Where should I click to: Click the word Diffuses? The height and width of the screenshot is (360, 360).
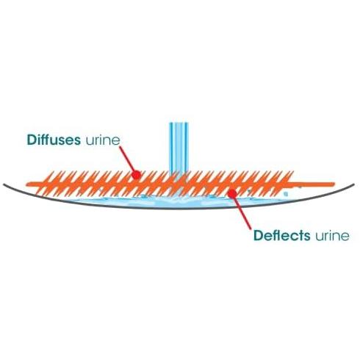point(54,140)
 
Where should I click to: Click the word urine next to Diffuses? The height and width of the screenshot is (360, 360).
point(103,141)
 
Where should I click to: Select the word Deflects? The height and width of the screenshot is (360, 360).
point(282,236)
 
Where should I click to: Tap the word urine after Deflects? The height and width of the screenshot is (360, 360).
point(332,237)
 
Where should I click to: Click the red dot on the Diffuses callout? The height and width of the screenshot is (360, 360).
point(136,175)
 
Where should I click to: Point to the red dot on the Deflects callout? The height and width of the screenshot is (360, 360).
point(232,193)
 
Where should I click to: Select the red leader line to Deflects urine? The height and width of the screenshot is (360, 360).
point(242,211)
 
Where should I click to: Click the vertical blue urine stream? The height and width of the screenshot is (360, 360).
point(179,148)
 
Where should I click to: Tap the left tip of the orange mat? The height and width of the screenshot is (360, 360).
point(27,184)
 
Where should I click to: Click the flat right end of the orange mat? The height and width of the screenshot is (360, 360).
point(334,184)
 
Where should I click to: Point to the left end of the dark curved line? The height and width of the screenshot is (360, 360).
point(4,184)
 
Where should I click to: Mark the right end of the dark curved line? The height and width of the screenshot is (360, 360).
point(353,184)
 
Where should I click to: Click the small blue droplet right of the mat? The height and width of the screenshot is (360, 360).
point(286,194)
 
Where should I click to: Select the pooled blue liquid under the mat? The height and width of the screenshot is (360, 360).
point(179,202)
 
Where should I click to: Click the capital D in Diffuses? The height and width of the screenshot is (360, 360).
point(32,140)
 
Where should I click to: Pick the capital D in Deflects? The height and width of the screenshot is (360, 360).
point(259,236)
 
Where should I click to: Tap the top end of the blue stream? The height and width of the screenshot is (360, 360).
point(179,123)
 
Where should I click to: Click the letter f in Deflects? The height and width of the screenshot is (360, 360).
point(276,236)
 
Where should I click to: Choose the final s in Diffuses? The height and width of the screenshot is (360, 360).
point(77,141)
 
